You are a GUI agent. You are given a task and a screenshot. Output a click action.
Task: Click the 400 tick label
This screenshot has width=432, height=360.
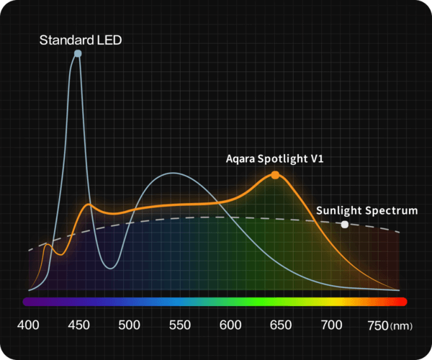click(28, 325)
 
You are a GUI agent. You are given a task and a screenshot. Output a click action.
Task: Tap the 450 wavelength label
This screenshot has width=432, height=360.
click(78, 325)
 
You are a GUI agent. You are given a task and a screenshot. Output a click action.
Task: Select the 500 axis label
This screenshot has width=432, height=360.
click(129, 325)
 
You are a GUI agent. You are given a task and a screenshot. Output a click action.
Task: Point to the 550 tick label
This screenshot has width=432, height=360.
click(179, 325)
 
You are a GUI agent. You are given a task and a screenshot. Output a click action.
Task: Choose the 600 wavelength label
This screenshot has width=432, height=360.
click(230, 325)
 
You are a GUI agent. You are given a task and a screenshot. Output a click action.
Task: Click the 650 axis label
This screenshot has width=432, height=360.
click(281, 325)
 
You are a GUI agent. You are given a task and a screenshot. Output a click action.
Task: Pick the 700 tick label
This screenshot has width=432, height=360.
click(331, 325)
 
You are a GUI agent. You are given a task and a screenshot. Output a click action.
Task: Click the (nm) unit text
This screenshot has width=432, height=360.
click(402, 327)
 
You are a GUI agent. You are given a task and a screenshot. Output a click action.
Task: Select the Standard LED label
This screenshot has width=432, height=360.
click(81, 40)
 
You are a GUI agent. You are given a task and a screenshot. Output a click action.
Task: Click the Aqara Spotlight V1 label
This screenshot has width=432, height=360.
click(275, 159)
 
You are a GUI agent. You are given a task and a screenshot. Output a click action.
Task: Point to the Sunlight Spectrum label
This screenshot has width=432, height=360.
click(367, 210)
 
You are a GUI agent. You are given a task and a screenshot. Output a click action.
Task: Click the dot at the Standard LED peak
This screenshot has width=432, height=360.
click(78, 53)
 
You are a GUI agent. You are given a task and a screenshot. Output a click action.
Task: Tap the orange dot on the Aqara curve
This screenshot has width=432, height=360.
click(275, 175)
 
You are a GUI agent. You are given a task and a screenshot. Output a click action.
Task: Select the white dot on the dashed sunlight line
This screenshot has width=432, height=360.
click(345, 225)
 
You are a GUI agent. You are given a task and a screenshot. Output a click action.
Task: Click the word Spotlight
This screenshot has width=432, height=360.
click(282, 159)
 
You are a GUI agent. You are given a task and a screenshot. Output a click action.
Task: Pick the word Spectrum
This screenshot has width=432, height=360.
click(392, 210)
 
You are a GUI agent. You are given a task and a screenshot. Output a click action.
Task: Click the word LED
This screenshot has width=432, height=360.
click(108, 40)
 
